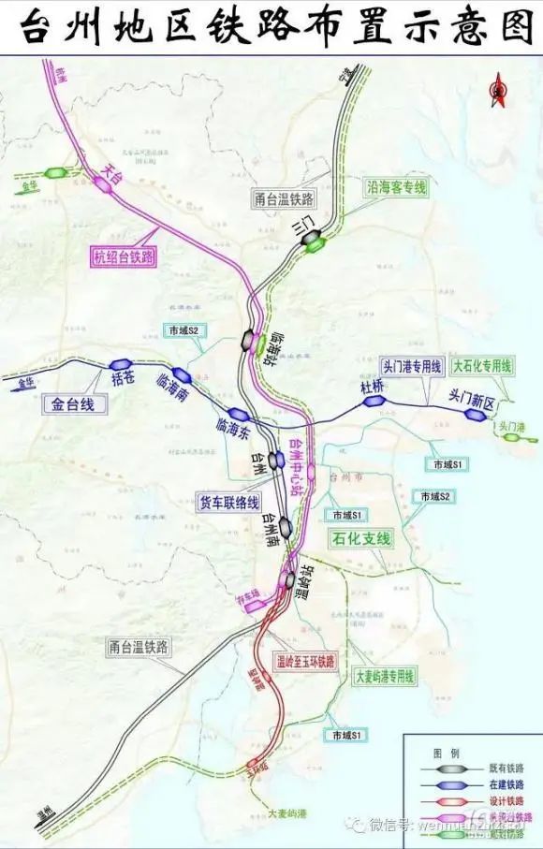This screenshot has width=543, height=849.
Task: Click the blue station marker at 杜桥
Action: click(374, 402)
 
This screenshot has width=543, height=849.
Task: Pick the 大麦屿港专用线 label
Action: click(382, 675)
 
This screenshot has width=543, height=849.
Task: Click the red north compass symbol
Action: click(496, 90)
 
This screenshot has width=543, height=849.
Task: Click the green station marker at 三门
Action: click(313, 244)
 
